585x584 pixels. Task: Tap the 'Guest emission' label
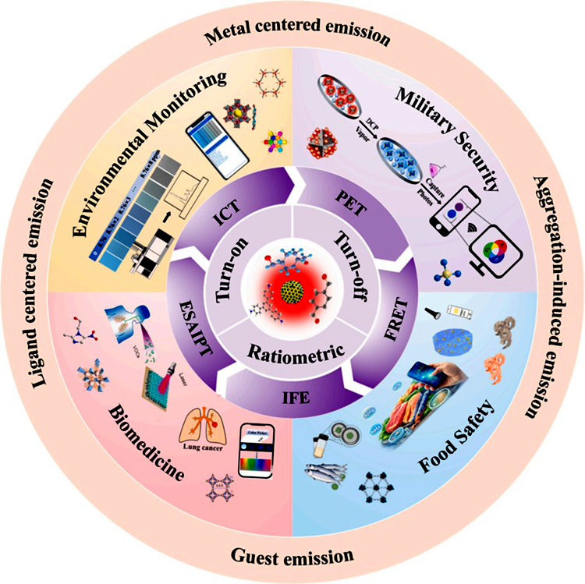click(293, 556)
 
